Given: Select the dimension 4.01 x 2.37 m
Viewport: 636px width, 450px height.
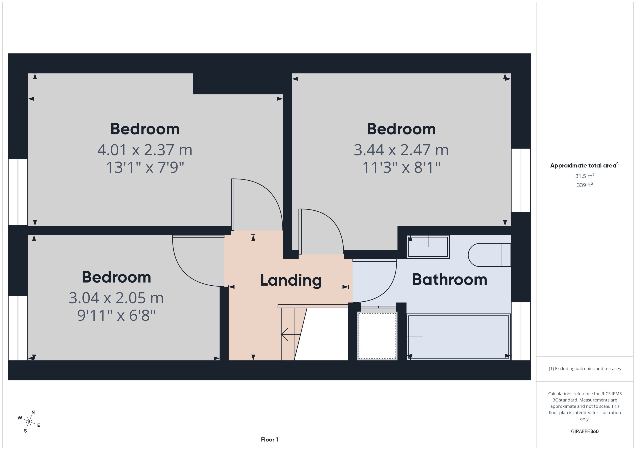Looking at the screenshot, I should pos(145,150).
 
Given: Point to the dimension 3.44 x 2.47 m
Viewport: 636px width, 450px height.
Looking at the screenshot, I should pos(401,150).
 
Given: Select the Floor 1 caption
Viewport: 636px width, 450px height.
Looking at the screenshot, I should pos(269,439).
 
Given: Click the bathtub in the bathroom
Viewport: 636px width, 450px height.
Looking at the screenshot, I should pos(459,337).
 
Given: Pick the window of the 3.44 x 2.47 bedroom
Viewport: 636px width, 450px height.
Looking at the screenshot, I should pos(521,180).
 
